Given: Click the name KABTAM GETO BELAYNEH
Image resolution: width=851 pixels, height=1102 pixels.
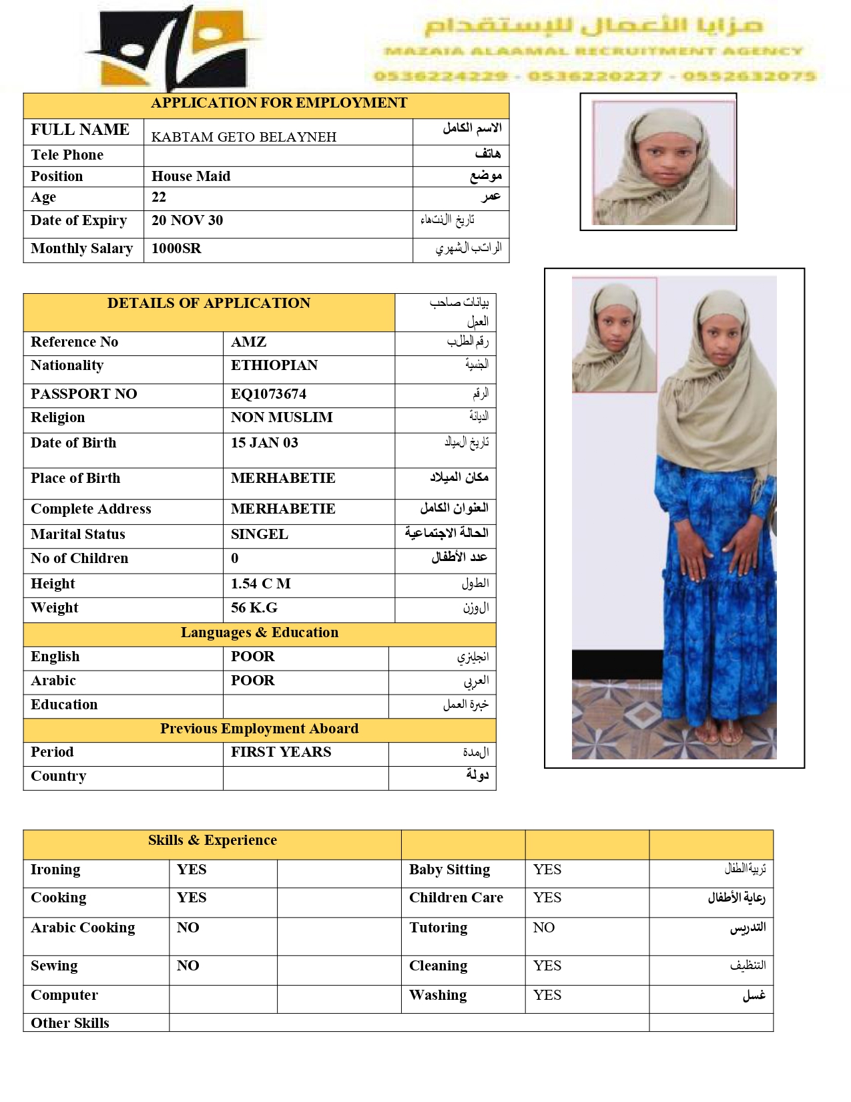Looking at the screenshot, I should click(x=244, y=137).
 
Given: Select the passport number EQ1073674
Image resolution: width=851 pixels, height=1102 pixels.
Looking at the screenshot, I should click(x=268, y=394).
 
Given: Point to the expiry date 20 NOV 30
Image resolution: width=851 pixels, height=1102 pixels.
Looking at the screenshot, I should click(x=187, y=220).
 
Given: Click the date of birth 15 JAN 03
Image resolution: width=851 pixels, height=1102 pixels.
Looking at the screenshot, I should click(x=264, y=443).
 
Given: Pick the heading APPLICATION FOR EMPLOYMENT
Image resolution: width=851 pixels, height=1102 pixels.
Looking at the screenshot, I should click(x=279, y=103).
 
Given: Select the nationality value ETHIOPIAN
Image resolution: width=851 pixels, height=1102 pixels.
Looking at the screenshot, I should click(x=274, y=365).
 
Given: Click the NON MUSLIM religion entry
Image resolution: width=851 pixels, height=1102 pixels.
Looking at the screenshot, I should click(x=282, y=417).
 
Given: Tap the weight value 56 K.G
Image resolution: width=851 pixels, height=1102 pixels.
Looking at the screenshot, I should click(x=254, y=608).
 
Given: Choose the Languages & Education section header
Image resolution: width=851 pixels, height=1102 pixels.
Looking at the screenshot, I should click(x=259, y=632).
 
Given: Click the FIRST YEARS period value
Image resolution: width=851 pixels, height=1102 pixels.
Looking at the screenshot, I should click(x=281, y=752).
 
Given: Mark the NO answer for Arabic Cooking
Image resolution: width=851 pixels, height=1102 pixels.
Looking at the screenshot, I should click(x=188, y=928).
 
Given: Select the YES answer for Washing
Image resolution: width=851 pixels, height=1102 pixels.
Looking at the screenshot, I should click(x=547, y=995).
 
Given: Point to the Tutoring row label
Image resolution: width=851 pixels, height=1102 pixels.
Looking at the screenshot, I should click(x=438, y=928).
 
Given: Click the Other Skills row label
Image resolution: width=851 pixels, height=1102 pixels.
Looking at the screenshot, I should click(x=69, y=1023).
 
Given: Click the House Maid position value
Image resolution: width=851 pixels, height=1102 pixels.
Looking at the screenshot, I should click(x=191, y=176).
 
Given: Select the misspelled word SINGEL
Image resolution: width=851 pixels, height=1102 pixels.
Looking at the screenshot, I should click(x=259, y=534).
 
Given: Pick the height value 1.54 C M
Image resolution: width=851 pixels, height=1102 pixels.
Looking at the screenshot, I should click(x=260, y=584).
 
